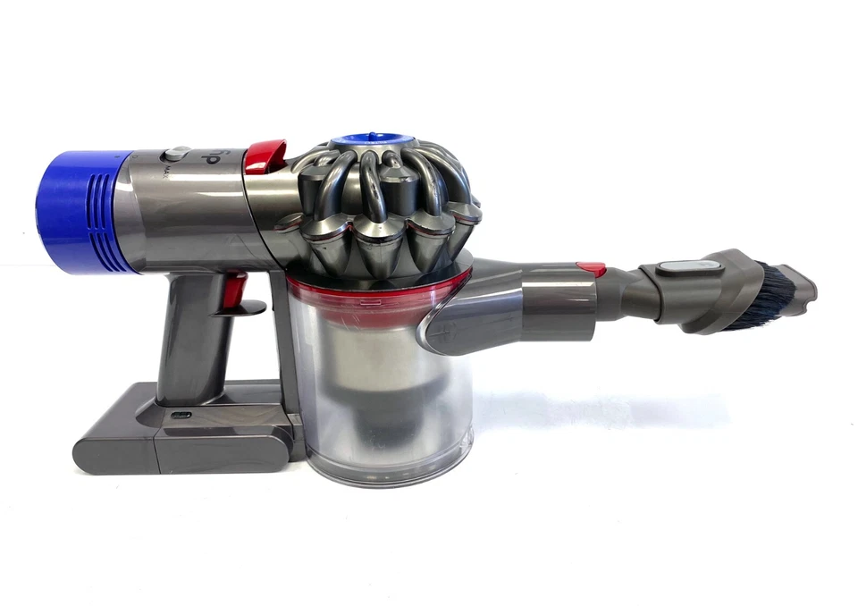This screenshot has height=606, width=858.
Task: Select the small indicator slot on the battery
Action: coord(178,416)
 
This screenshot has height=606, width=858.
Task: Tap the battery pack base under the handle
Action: coord(179,438)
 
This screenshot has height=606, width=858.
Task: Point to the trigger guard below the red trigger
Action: coord(246,308)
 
